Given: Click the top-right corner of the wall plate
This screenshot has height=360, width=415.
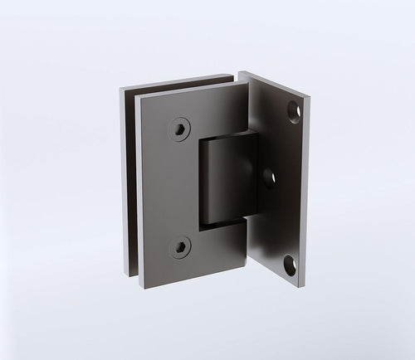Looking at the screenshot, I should tap(312, 95).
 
